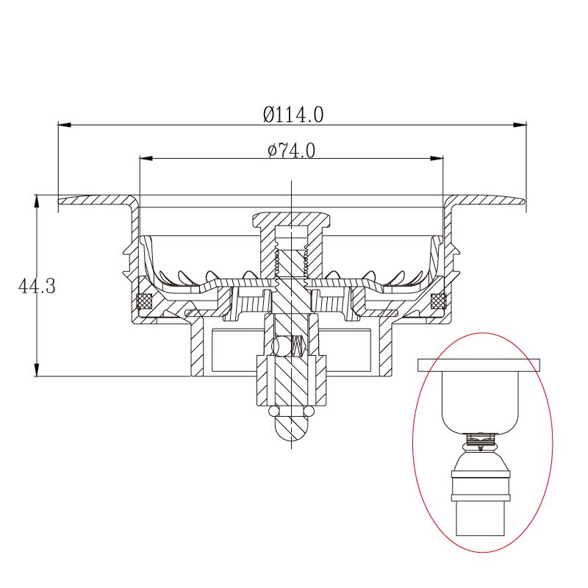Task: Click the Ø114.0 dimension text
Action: coord(293,114)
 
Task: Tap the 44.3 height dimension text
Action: coord(37,286)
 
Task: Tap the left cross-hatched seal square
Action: coord(145,301)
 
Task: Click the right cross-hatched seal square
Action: coord(439,301)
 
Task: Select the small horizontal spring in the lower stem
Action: coord(297,345)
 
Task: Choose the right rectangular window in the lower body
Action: coord(351,348)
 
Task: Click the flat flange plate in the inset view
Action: coord(479,364)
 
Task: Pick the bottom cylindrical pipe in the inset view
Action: coord(479,517)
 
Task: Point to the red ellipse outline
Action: coord(414,441)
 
